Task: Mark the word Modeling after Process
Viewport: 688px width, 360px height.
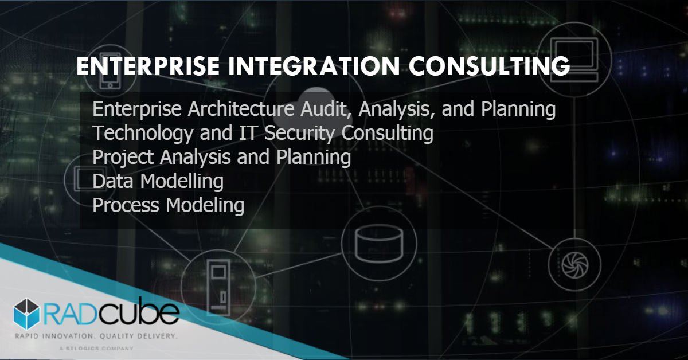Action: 205,205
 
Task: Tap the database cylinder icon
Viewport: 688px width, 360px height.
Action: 373,243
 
